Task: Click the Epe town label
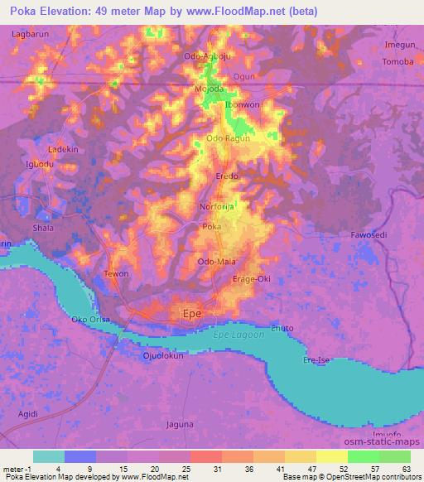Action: pyautogui.click(x=191, y=314)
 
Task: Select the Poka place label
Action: pyautogui.click(x=212, y=226)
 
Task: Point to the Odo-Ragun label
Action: pyautogui.click(x=227, y=138)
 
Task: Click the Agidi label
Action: pyautogui.click(x=22, y=412)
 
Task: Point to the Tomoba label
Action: pyautogui.click(x=397, y=63)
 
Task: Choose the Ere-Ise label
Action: pyautogui.click(x=316, y=360)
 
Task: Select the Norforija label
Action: pyautogui.click(x=218, y=207)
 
